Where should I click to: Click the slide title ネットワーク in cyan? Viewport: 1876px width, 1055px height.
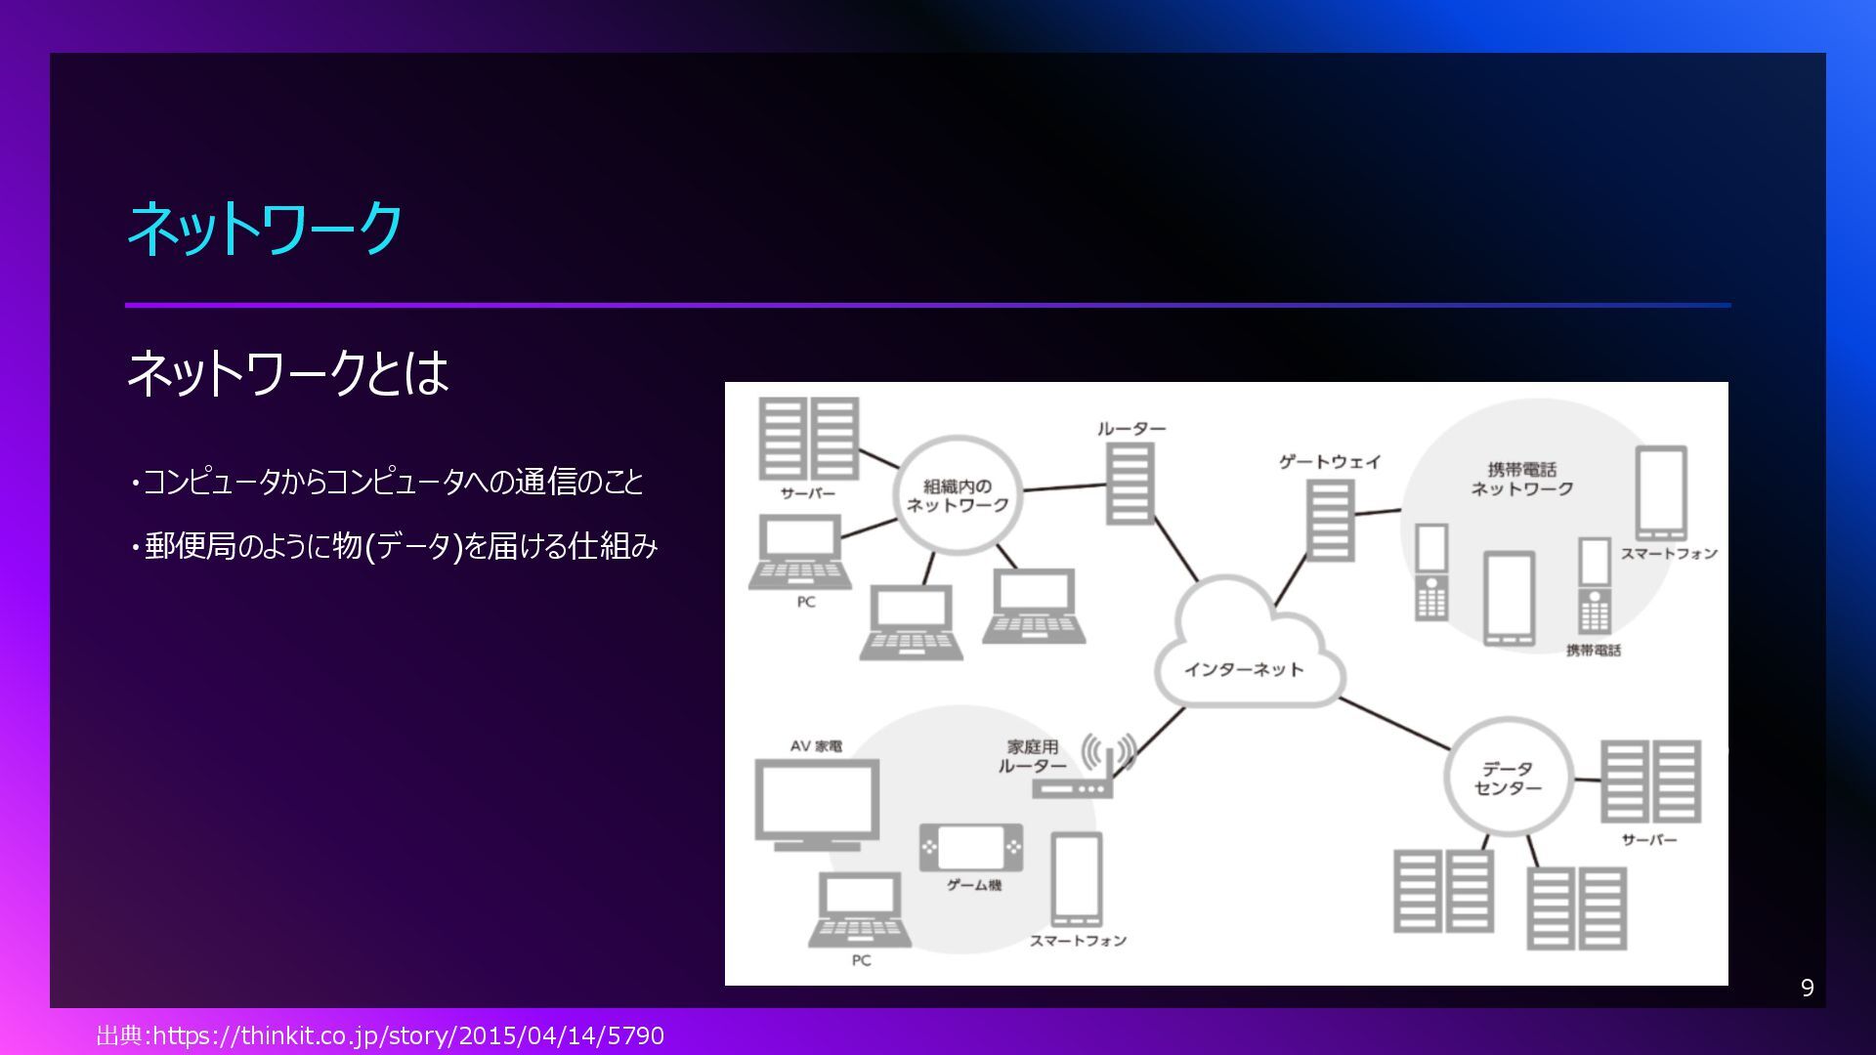coord(265,229)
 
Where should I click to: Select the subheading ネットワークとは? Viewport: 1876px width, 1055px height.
coord(287,372)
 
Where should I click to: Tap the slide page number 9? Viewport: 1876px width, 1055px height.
coord(1807,988)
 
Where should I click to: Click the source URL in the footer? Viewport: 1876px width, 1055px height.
coord(380,1035)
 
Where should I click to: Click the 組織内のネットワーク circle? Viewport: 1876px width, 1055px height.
coord(958,495)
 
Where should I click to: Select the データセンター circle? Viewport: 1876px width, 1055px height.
coord(1508,778)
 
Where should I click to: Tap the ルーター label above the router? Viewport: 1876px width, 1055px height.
coord(1130,429)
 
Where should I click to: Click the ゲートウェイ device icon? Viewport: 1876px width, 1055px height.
coord(1330,521)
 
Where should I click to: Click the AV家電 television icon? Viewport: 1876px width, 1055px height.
coord(817,803)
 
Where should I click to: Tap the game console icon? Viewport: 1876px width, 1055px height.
coord(971,847)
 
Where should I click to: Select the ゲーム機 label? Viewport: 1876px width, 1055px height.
coord(973,885)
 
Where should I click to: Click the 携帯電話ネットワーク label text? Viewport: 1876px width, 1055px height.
coord(1521,479)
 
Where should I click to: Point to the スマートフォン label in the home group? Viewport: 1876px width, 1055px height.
coord(1078,941)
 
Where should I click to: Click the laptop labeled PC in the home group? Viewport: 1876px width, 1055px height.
coord(859,909)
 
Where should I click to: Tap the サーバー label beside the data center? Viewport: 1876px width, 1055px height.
coord(1648,840)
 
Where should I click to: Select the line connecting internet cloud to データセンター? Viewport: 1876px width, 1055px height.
coord(1394,724)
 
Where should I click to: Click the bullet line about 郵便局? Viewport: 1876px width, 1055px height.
coord(396,546)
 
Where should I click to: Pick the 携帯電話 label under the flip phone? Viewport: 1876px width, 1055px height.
coord(1593,651)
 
